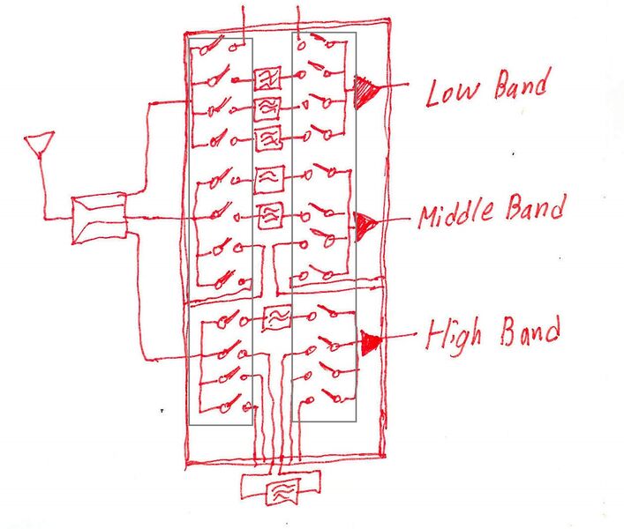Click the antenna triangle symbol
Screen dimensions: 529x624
point(40,143)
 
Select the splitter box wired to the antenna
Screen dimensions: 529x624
point(99,218)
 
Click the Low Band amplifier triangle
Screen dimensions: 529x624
point(364,91)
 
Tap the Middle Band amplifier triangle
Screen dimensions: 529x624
point(363,227)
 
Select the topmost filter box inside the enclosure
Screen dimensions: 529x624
point(266,80)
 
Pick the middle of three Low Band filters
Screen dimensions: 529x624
point(266,108)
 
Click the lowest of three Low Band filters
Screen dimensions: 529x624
point(266,138)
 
